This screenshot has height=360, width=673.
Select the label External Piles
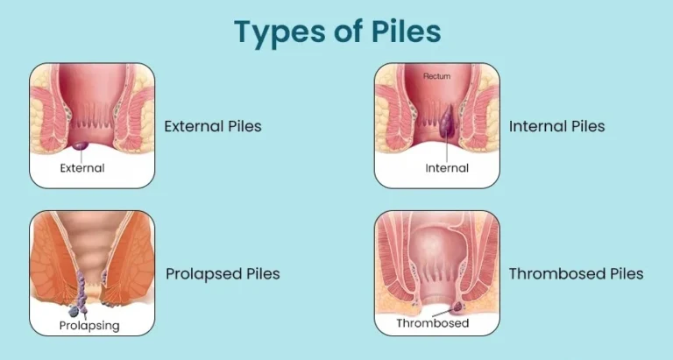tap(213, 126)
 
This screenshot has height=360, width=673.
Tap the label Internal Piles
tap(556, 126)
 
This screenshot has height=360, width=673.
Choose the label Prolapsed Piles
tap(223, 274)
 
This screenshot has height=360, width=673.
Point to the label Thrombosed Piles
tap(576, 274)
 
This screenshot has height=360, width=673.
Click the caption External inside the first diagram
tap(82, 167)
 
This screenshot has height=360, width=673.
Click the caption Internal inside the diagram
tap(447, 167)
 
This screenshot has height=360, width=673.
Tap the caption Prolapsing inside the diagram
tap(89, 326)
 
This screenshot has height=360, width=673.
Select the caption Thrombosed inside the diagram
tap(433, 323)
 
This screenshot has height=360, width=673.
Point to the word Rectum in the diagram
tap(436, 76)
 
